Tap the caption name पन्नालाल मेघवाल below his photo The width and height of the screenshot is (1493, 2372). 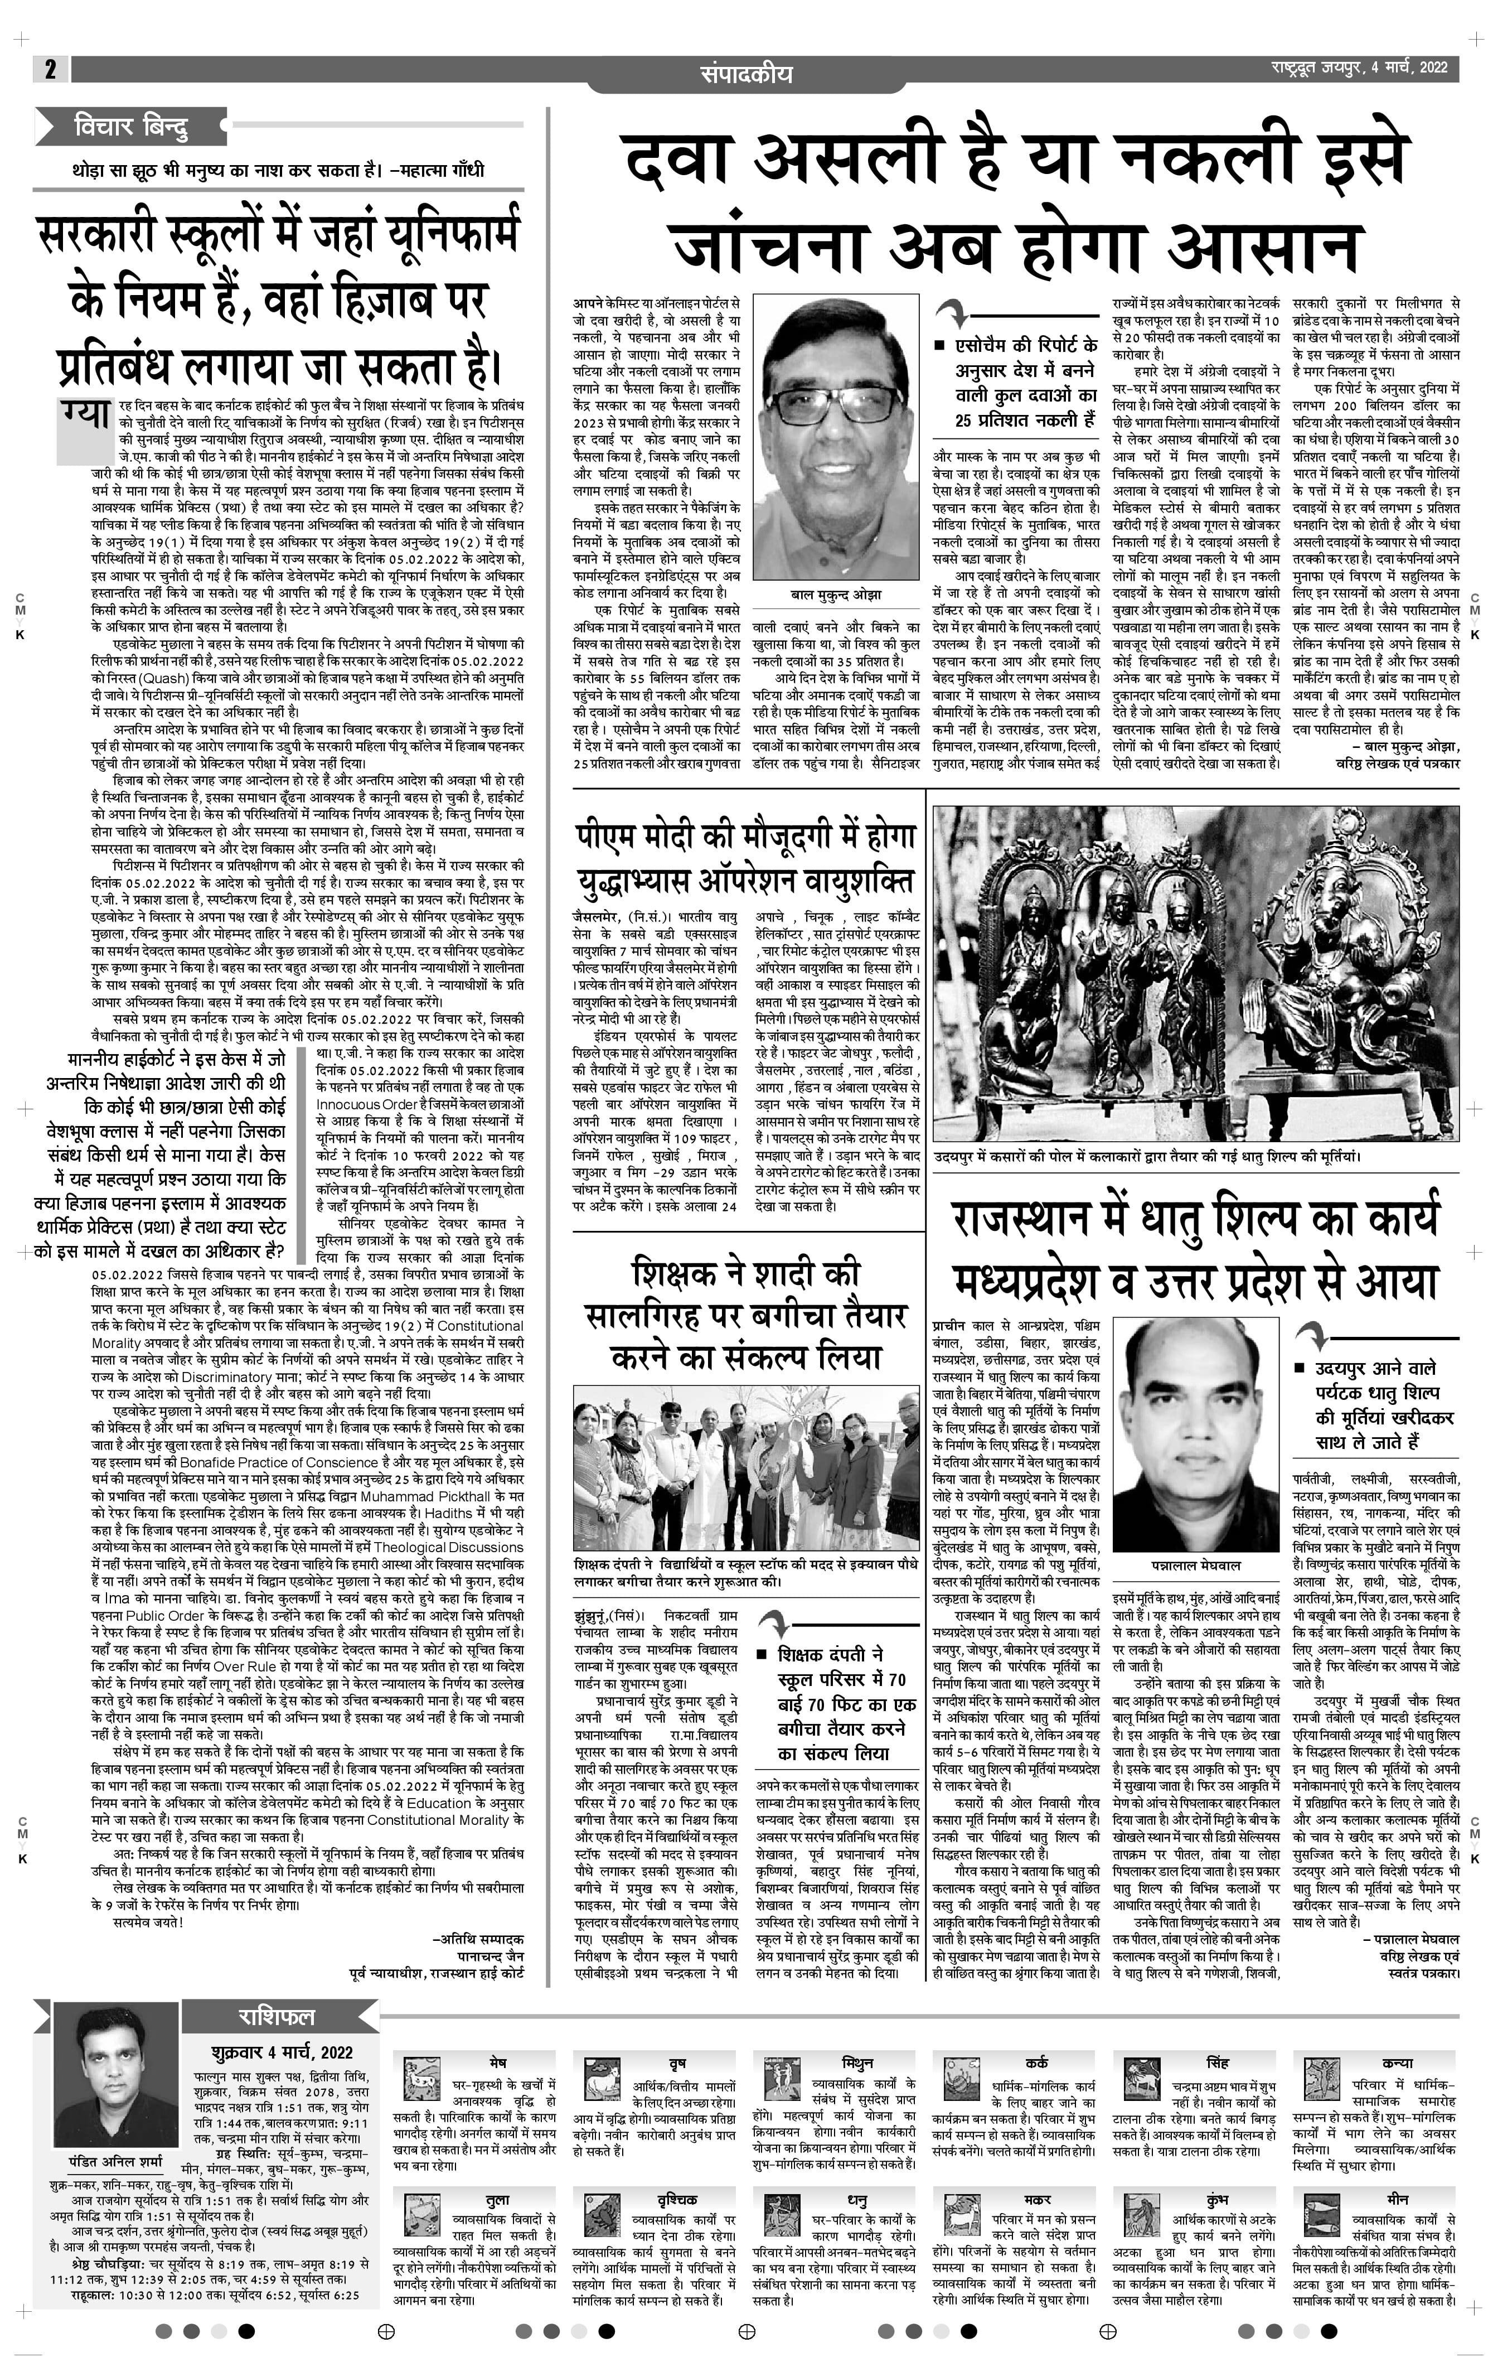click(1195, 1564)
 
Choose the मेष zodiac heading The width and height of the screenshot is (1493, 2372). click(497, 2062)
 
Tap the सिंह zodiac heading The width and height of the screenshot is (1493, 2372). click(1217, 2062)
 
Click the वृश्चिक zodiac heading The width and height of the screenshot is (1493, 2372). click(677, 2200)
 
